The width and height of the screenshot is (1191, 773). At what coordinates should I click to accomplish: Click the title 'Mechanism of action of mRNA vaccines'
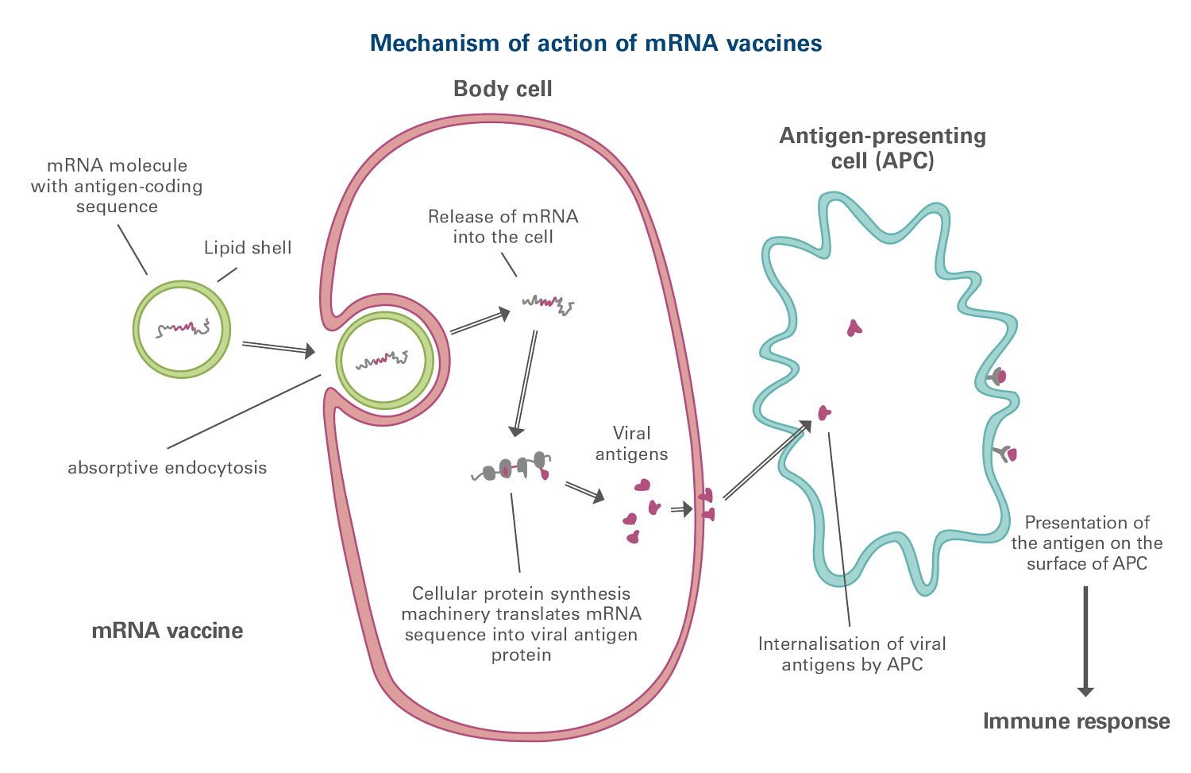595,43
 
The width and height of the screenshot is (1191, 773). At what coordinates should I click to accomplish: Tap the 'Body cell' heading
503,89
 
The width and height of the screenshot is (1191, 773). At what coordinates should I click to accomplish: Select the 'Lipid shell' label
248,248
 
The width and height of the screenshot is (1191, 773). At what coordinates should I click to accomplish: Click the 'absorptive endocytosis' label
168,467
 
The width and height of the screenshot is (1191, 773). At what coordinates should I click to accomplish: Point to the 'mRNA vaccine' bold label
168,631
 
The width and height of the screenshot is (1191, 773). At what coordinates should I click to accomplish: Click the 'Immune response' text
1076,721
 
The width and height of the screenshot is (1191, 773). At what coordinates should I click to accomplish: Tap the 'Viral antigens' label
632,443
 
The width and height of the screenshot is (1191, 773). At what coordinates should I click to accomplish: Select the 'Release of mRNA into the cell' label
503,226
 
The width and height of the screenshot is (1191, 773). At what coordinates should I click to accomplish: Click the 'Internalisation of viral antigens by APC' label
852,654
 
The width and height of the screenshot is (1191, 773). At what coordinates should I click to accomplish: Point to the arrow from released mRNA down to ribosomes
524,381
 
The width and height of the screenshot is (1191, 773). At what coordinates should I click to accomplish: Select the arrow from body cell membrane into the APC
766,461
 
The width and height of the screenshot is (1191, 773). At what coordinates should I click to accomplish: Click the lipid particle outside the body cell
182,327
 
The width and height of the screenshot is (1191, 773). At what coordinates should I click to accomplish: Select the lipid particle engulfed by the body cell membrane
384,360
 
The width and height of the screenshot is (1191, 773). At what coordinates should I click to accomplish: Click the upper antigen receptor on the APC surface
997,377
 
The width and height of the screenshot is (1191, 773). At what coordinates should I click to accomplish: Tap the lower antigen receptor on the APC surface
1007,454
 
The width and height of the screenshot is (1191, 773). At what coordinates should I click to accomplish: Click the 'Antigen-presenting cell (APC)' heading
882,148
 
